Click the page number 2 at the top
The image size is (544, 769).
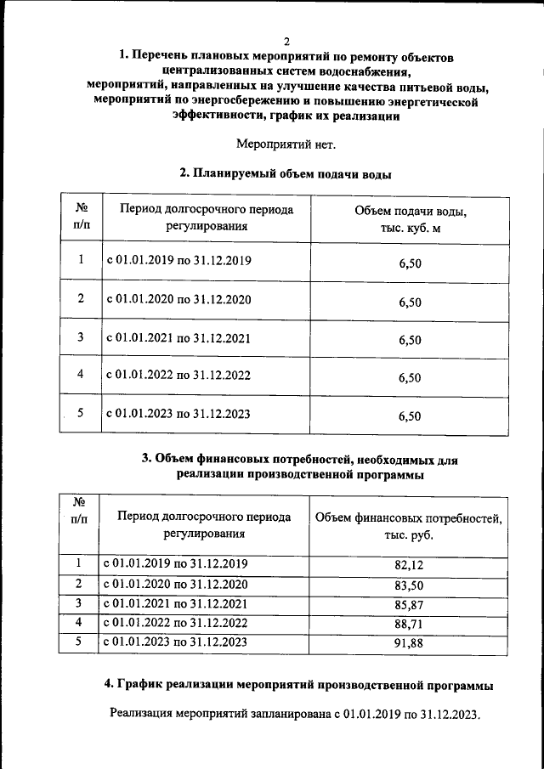click(x=286, y=41)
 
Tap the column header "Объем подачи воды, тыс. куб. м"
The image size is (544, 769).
click(x=410, y=218)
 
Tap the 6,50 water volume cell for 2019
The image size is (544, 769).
click(x=410, y=263)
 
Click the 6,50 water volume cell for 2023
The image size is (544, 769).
click(x=410, y=416)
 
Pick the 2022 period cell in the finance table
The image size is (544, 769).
click(x=175, y=623)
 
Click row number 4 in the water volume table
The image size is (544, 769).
click(x=81, y=375)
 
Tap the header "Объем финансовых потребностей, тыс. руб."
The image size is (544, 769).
click(x=409, y=526)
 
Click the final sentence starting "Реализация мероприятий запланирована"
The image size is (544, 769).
click(x=295, y=715)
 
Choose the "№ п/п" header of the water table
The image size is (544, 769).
click(x=82, y=216)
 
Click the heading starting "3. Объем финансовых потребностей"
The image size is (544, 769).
click(x=299, y=466)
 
